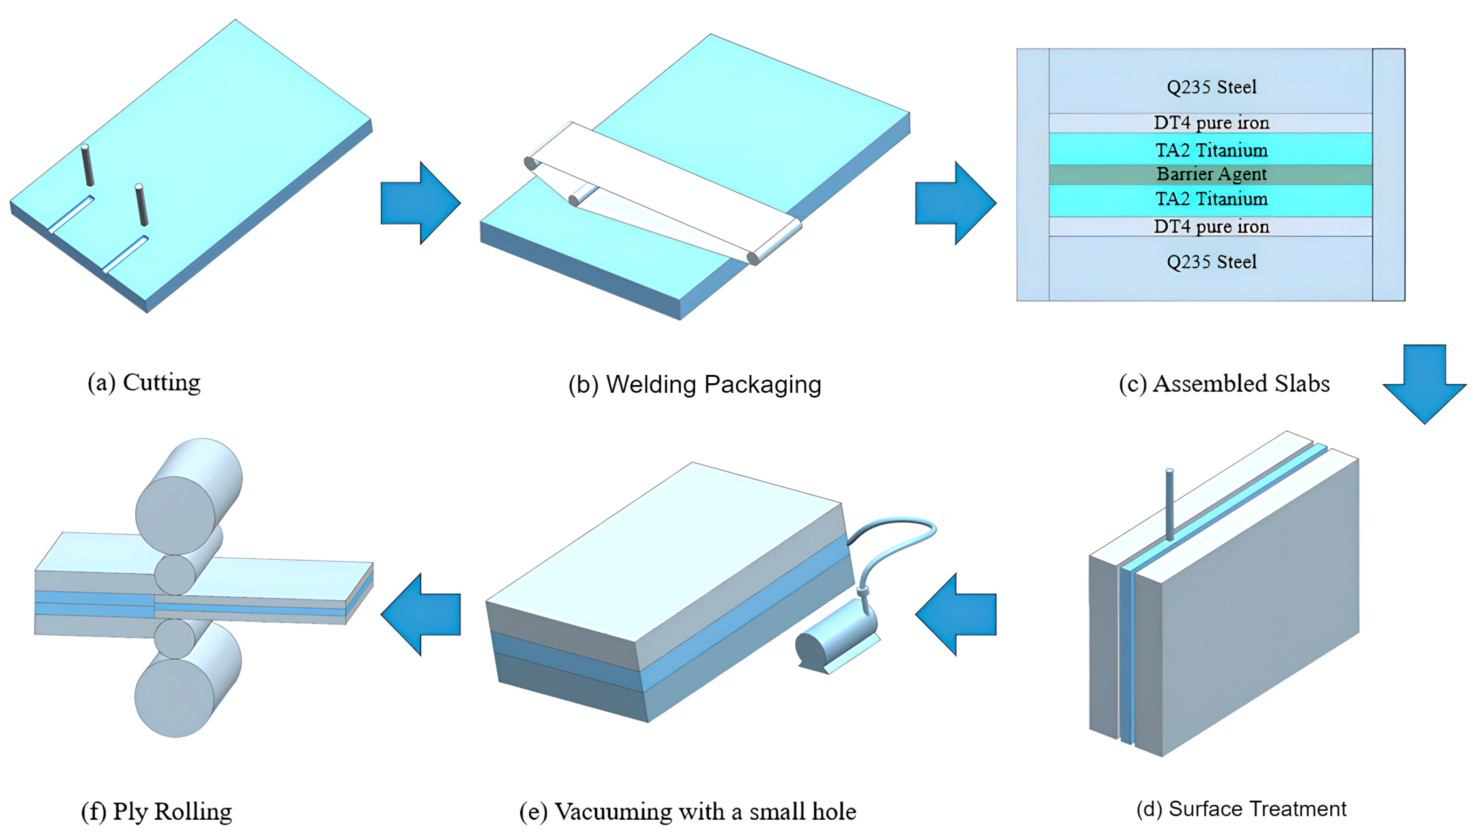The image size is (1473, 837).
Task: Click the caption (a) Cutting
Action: (144, 383)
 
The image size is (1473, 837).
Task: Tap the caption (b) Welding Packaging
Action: (695, 385)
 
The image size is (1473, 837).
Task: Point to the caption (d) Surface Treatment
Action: (1241, 809)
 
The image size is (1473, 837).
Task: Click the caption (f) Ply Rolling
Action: (156, 811)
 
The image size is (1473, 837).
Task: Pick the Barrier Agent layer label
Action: (1211, 174)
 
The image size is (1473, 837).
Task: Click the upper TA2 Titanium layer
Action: (1211, 149)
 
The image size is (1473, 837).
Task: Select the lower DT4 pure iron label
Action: (1211, 226)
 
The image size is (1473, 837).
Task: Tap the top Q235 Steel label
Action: (1211, 87)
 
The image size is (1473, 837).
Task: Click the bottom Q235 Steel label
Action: (1211, 262)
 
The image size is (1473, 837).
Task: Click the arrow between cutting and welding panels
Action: (420, 203)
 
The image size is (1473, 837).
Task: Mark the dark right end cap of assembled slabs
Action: (1389, 175)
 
